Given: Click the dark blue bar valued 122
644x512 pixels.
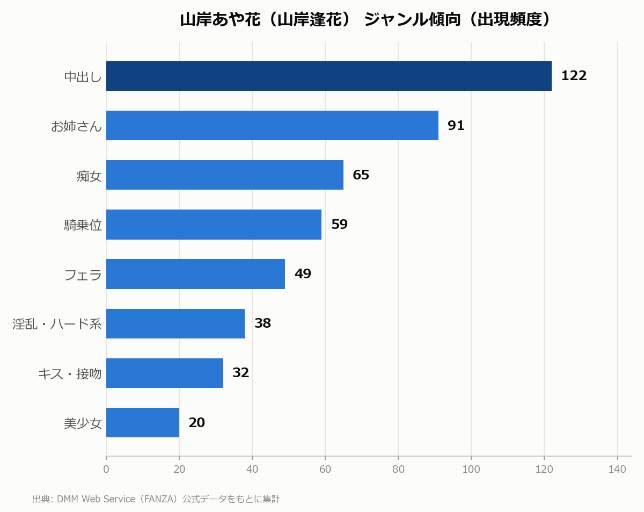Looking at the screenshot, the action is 328,76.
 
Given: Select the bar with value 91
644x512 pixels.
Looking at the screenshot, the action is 272,126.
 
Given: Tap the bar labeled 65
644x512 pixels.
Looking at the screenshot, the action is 225,175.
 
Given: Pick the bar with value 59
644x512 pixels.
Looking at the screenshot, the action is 214,225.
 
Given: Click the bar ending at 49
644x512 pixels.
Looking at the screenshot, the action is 195,274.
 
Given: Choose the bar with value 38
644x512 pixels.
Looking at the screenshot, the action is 175,323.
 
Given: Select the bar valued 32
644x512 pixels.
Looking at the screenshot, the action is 165,373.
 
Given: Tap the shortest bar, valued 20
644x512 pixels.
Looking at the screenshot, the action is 143,422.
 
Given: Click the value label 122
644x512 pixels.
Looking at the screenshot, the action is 574,76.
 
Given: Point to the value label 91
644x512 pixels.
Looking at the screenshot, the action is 456,126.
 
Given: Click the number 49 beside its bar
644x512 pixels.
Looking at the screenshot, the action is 303,274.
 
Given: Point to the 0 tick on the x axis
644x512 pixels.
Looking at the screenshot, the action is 106,469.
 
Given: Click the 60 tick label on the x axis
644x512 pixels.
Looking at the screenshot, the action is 325,469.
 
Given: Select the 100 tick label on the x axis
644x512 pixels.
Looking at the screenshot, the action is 471,469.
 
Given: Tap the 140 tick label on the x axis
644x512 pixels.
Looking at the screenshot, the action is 617,469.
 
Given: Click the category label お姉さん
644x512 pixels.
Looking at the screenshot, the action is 76,126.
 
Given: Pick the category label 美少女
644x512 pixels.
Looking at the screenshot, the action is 83,423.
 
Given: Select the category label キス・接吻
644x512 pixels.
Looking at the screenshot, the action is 70,374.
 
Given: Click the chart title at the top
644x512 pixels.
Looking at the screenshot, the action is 365,20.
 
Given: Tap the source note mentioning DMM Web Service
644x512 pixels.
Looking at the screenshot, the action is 156,499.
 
